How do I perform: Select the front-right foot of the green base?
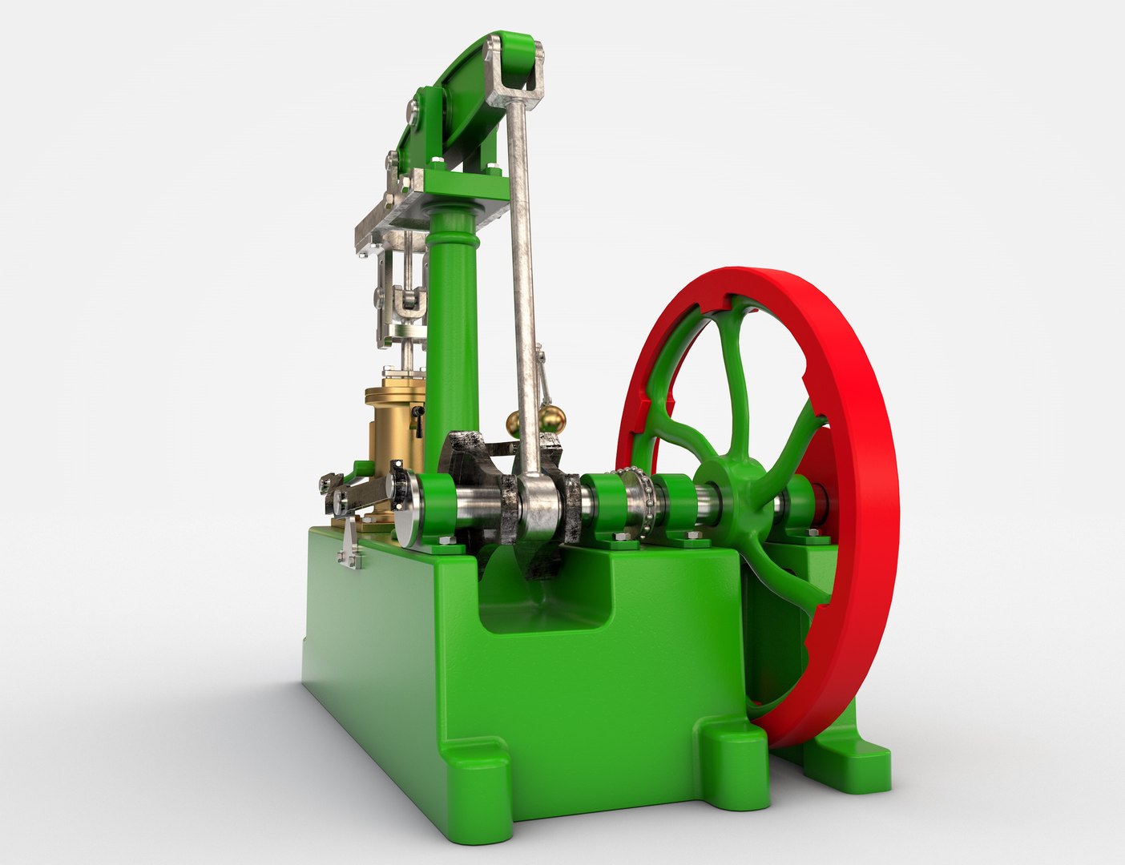pos(733,758)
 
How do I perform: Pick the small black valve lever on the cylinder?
pos(417,420)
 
